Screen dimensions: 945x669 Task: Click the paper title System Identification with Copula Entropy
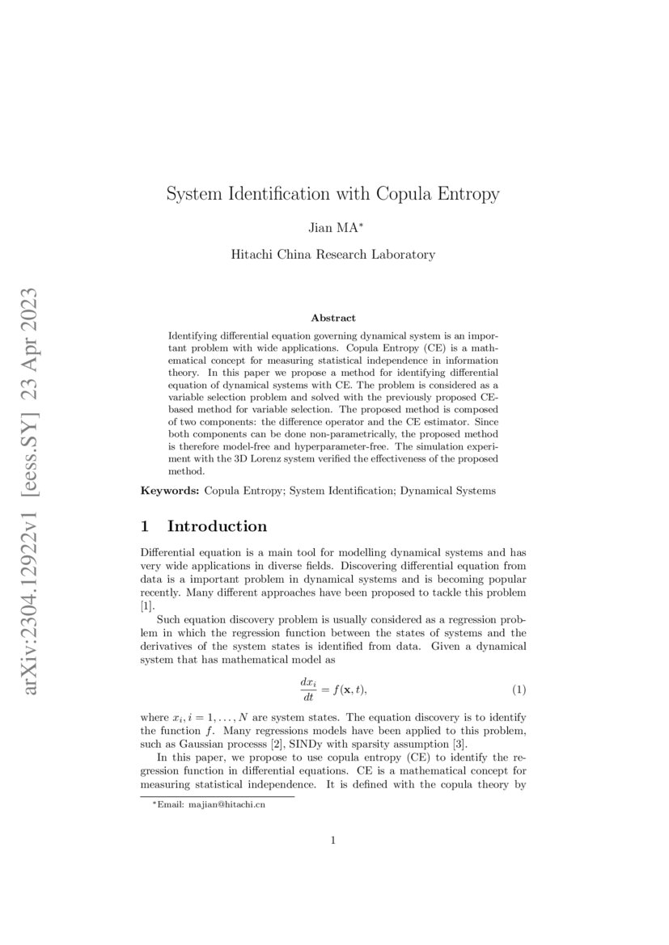[x=333, y=194]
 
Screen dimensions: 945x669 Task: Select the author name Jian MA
[x=333, y=229]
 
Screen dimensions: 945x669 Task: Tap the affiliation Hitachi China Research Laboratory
[x=333, y=255]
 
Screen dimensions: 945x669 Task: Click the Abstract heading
[x=333, y=319]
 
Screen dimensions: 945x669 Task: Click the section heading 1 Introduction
[x=204, y=527]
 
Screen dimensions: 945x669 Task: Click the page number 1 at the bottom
[x=333, y=841]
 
